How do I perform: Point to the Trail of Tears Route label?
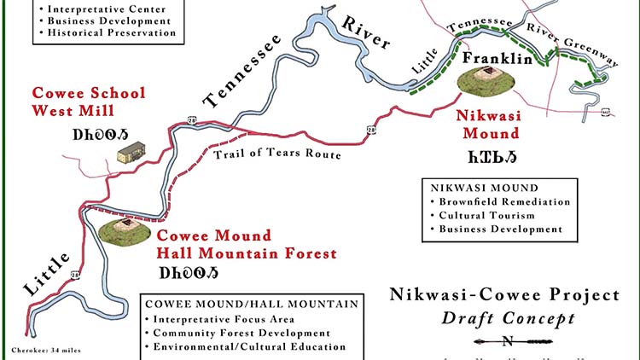[x=277, y=154]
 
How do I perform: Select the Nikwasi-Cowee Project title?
[x=504, y=296]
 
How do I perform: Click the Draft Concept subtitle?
[x=508, y=318]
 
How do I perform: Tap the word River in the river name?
[x=364, y=32]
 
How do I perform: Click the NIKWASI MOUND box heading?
[x=484, y=188]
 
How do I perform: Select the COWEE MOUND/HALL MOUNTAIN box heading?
[x=241, y=305]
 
